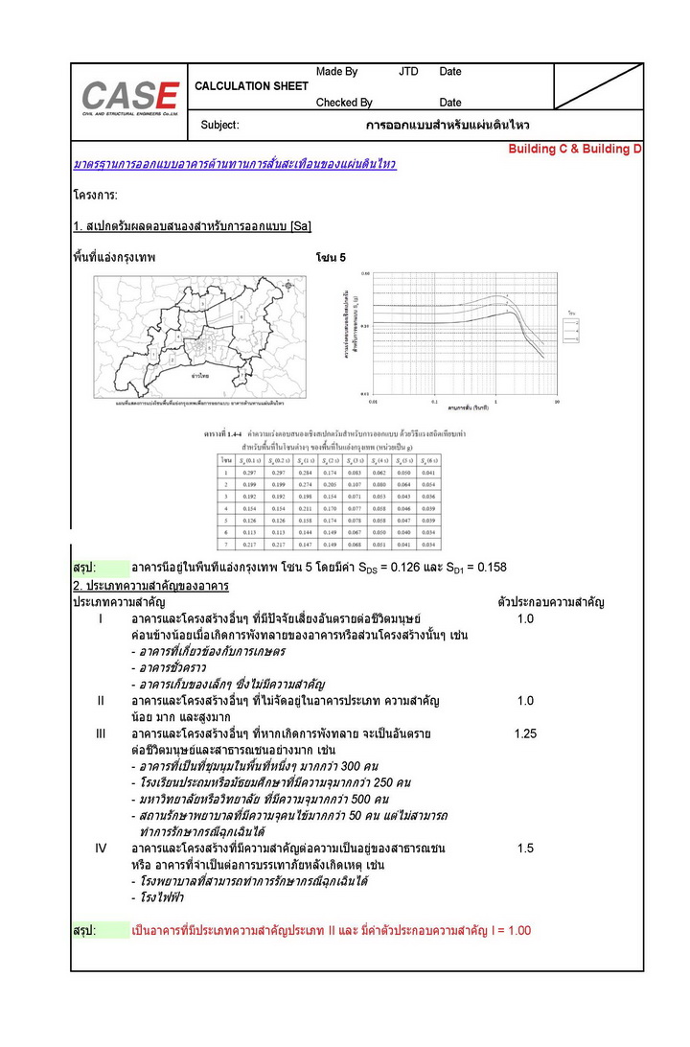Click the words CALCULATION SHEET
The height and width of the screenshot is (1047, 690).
pos(252,86)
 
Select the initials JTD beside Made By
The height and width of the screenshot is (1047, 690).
pos(408,72)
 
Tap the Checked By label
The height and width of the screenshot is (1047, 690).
pos(344,103)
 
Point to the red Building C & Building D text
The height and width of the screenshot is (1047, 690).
pos(575,150)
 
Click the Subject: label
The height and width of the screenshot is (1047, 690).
pos(219,126)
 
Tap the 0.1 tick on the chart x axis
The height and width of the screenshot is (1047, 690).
pos(435,402)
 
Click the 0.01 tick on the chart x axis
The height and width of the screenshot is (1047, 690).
pos(374,402)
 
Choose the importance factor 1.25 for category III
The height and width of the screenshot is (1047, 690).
pos(525,734)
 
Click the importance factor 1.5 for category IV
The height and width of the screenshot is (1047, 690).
pos(525,849)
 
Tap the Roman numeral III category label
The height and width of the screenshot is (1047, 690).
pos(101,734)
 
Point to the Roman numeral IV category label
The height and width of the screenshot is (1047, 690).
pos(101,849)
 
